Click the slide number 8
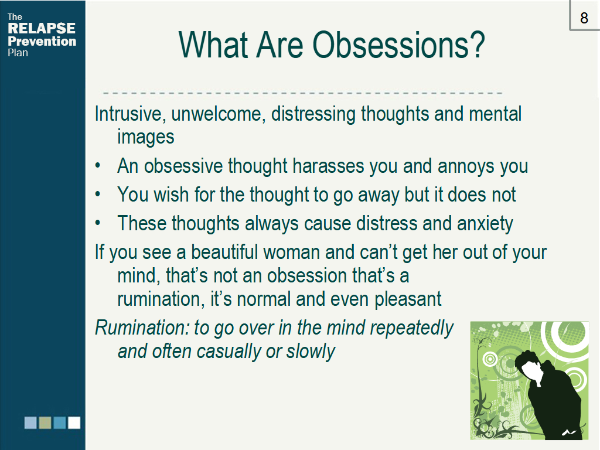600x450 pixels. [584, 18]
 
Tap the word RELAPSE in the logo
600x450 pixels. [42, 28]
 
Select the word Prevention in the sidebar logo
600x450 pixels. [42, 41]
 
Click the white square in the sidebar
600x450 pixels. [74, 422]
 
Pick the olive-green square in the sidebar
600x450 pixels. [45, 422]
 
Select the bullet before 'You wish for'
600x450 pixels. [98, 195]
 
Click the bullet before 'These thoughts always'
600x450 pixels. [98, 223]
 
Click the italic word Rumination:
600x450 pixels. [142, 328]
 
